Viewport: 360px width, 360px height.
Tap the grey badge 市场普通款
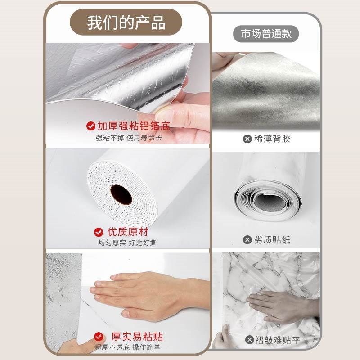tap(266, 34)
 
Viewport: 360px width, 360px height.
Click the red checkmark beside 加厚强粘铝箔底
tap(90, 126)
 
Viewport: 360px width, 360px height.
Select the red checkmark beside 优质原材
tap(99, 232)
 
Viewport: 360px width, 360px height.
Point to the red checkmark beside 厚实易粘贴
tap(99, 337)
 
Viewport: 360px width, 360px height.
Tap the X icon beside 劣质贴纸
tap(247, 240)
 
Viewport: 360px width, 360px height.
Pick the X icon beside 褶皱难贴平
tap(249, 340)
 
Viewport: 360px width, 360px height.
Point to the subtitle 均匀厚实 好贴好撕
tap(128, 243)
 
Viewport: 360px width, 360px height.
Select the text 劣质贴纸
tap(272, 240)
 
